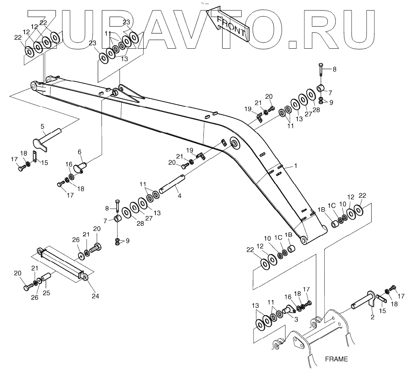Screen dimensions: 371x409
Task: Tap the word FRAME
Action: pos(336,359)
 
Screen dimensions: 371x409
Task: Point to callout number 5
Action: pos(43,126)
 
